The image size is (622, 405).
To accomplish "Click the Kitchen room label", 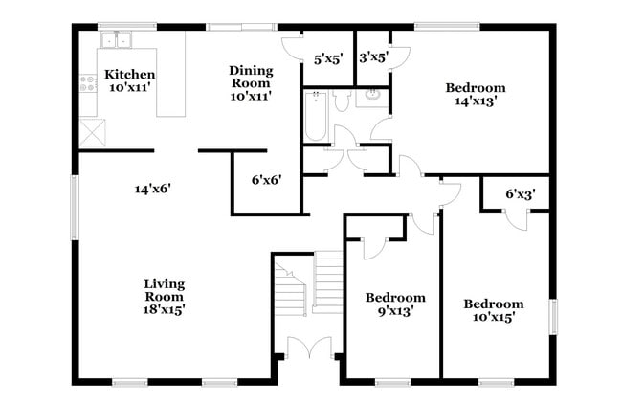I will [x=129, y=75].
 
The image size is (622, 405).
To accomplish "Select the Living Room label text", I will [x=164, y=284].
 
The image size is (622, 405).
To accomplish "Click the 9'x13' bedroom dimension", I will [x=395, y=310].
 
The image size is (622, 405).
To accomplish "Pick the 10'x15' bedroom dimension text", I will [x=494, y=317].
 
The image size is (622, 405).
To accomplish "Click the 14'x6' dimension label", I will [x=152, y=189].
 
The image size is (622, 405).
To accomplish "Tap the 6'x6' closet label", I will [x=267, y=179].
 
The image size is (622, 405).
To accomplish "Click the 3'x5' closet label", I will [x=372, y=56].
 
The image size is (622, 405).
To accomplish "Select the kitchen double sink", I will [x=118, y=39].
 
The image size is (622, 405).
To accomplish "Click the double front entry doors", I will [x=308, y=349].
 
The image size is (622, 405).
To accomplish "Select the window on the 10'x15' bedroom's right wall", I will [x=553, y=317].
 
